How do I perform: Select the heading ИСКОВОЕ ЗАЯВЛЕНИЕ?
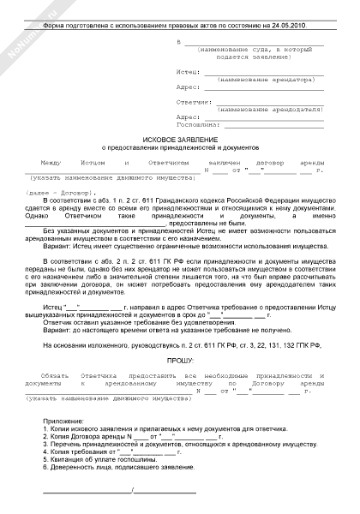click(180, 139)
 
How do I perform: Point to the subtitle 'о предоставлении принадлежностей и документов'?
click(180, 147)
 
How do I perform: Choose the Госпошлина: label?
click(193, 124)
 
